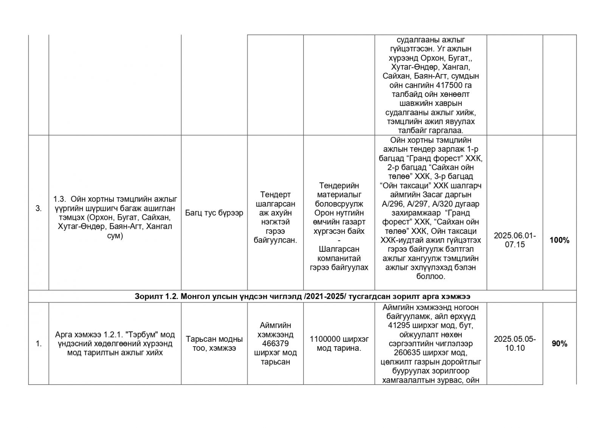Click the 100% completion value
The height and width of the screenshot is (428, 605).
559,240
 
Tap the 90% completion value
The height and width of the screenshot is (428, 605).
559,344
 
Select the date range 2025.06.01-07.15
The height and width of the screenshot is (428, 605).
515,240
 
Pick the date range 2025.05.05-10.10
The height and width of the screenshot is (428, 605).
515,344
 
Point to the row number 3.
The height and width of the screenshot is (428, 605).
39,209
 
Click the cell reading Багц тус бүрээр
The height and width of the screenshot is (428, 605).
214,213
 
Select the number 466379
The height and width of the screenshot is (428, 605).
275,344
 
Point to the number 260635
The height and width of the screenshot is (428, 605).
406,353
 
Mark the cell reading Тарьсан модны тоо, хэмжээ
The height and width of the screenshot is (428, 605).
214,344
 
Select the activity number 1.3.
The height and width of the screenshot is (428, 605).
59,199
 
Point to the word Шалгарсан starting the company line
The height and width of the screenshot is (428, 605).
339,249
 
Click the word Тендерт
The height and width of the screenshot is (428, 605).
275,195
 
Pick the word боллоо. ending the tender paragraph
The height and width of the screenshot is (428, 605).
430,277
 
